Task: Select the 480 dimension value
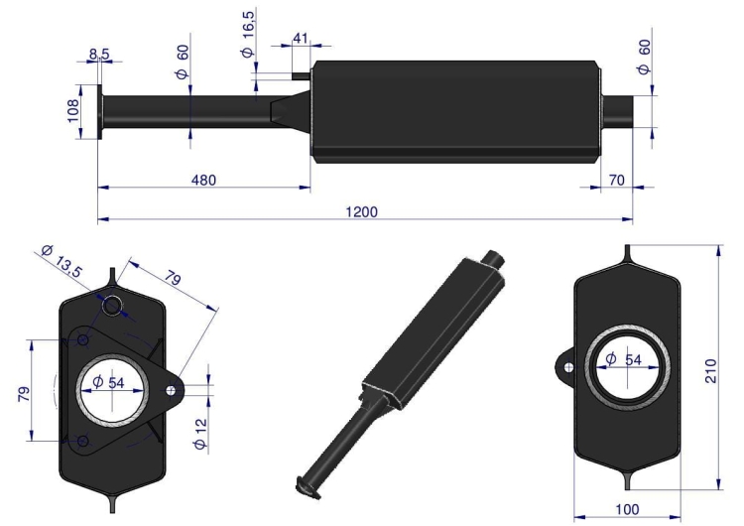tap(202, 180)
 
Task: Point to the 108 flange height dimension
tap(73, 110)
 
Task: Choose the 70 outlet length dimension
tap(617, 180)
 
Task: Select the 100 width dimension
tap(626, 508)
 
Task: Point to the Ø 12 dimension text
tap(200, 435)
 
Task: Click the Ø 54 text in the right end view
tap(626, 358)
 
